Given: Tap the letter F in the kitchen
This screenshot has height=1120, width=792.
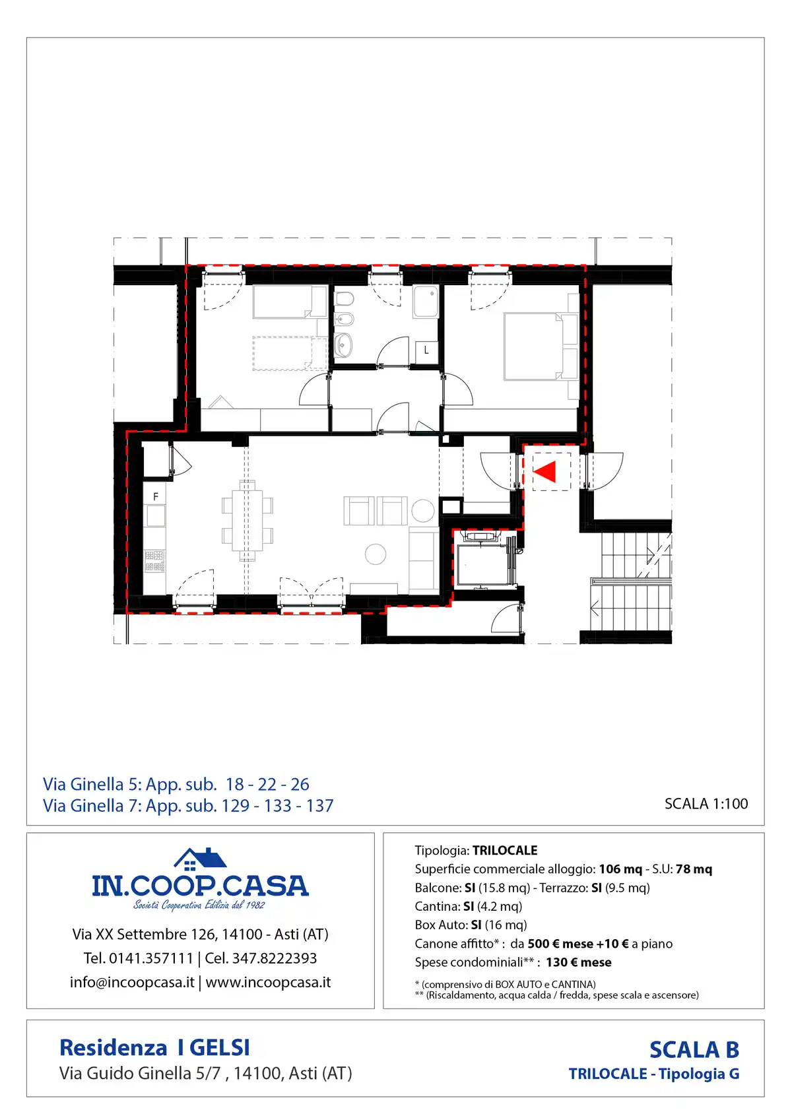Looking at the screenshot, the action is point(156,496).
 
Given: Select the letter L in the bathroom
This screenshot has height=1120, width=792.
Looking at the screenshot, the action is point(426,350).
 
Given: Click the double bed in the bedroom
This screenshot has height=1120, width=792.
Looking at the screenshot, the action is point(533,346).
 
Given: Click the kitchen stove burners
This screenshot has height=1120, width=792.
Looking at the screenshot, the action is point(154,561).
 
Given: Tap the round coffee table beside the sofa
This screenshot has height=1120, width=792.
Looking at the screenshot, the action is point(376,554).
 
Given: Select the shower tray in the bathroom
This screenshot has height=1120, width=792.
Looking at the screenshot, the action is point(426,302).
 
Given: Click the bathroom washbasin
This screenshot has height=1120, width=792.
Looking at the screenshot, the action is point(343,345).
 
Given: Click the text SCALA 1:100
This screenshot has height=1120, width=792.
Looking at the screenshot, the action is point(706,803).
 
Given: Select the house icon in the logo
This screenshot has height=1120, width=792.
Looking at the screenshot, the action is point(200,859).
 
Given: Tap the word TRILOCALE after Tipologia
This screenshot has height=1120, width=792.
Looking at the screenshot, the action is point(505,851).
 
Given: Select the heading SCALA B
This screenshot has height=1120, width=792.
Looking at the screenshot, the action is point(694,1049).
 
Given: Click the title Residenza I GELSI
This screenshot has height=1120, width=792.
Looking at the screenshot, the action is point(154,1047).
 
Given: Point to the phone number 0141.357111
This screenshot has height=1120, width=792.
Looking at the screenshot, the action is point(151,958).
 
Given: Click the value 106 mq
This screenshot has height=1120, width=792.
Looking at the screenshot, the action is point(620,869).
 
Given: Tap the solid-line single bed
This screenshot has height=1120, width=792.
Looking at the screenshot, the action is point(290,302).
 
